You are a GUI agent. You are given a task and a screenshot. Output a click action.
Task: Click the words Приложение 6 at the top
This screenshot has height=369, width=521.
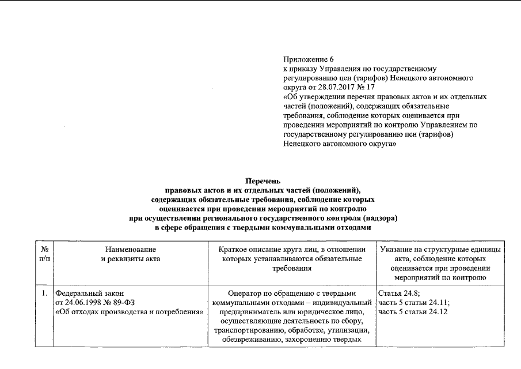click(309, 59)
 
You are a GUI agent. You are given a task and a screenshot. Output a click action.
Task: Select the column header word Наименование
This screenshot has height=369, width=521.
click(130, 249)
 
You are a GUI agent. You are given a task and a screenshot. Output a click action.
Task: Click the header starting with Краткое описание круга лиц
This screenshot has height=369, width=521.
click(292, 249)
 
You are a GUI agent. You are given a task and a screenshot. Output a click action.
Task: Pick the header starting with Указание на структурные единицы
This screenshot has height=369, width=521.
click(439, 249)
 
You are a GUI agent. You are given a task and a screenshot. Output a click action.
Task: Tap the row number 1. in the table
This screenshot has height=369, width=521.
click(44, 292)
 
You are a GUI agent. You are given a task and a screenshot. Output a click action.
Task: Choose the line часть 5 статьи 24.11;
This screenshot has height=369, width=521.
click(414, 302)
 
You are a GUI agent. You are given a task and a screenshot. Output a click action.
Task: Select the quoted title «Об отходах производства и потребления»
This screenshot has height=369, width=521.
click(130, 311)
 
